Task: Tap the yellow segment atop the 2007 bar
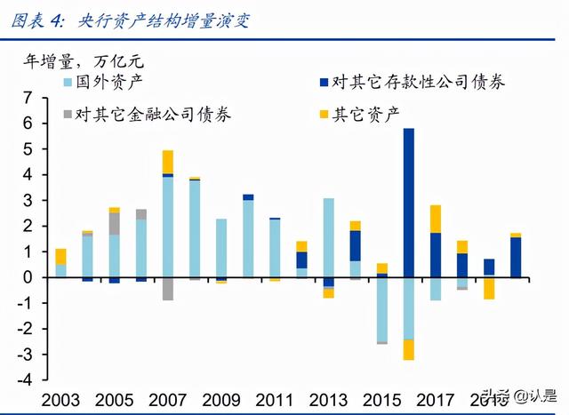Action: pyautogui.click(x=167, y=162)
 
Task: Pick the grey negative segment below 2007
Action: pyautogui.click(x=167, y=289)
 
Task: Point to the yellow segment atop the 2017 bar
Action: pyautogui.click(x=436, y=219)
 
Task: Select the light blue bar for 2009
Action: pyautogui.click(x=220, y=248)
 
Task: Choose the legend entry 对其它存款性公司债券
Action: pyautogui.click(x=409, y=83)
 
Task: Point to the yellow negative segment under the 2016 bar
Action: pyautogui.click(x=409, y=349)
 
